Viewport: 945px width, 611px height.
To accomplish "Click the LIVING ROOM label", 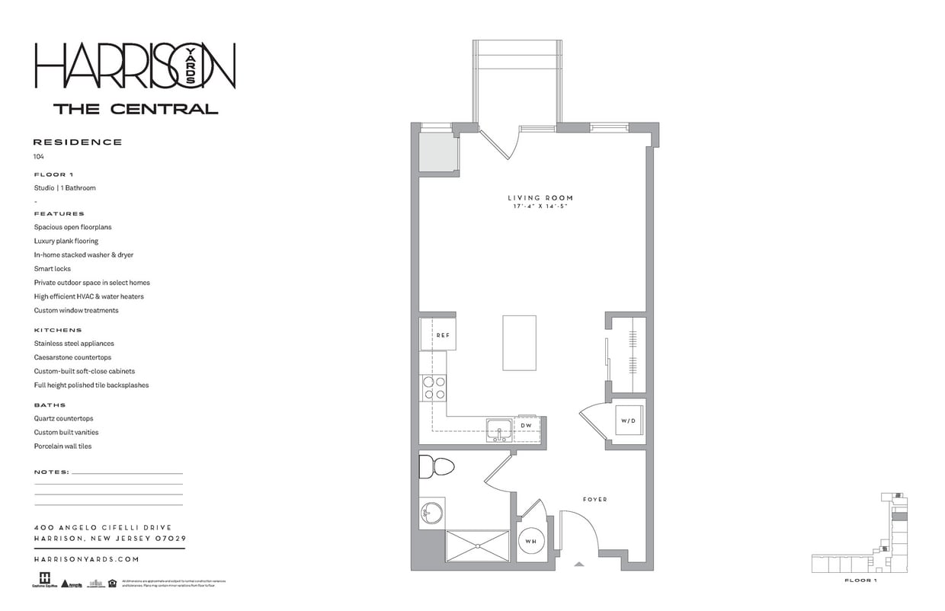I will pos(540,198).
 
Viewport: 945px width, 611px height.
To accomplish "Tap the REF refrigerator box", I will pos(439,334).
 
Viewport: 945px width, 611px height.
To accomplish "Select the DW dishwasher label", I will pos(526,425).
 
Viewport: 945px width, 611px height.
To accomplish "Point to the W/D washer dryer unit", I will pos(628,421).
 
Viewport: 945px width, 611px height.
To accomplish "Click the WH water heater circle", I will pos(530,542).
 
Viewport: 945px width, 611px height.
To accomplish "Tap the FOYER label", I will pos(595,500).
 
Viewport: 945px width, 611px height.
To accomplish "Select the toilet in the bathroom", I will pos(436,466).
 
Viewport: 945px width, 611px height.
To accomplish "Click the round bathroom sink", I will pos(431,513).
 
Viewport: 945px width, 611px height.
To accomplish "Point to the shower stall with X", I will pos(477,546).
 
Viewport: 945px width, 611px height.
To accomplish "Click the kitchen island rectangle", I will pos(519,343).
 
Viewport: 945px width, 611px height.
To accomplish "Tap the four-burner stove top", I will pos(434,388).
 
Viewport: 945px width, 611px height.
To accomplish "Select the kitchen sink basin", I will pos(500,429).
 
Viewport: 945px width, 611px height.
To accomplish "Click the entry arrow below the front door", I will pos(579,565).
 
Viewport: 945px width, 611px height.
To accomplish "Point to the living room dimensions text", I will pos(540,206).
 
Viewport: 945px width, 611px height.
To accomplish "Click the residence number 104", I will pos(39,156).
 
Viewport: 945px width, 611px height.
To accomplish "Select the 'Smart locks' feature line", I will pos(53,269).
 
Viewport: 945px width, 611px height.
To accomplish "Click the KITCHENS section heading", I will pos(58,330).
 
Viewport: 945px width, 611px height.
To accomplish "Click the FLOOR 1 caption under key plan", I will pos(860,581).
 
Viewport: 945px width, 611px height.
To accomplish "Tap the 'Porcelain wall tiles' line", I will pos(62,446).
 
